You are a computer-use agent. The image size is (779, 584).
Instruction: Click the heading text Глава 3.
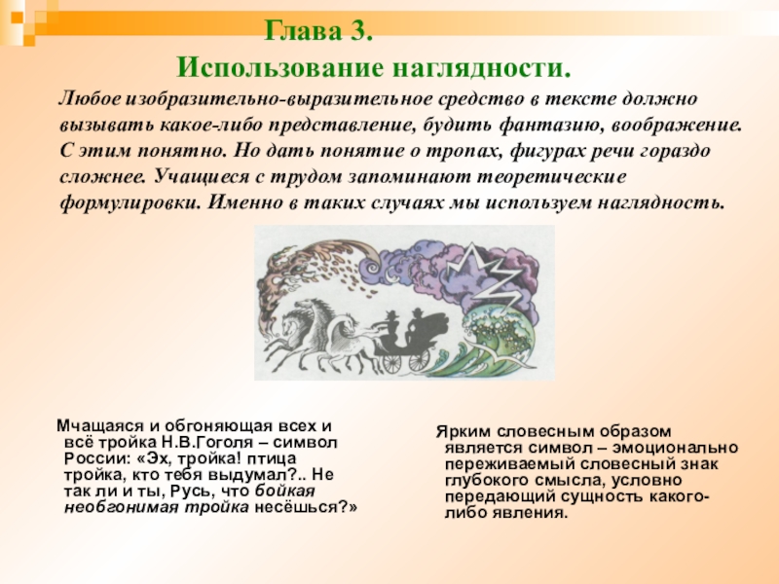click(318, 31)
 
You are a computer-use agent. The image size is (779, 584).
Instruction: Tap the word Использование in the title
click(279, 68)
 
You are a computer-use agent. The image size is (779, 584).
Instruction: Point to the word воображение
click(677, 126)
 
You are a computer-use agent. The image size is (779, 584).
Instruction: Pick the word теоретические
click(552, 177)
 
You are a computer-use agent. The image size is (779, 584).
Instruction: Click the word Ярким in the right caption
click(464, 431)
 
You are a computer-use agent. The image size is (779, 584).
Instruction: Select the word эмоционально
click(675, 448)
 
